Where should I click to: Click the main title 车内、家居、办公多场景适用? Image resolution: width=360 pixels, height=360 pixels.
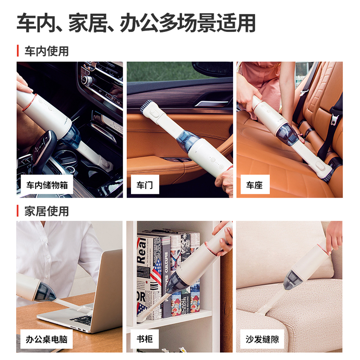[136, 23]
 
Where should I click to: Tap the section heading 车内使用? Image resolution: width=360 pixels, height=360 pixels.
[47, 51]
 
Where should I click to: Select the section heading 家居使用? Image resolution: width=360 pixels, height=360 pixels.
[47, 211]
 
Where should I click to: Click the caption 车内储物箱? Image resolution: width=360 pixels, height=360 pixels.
[47, 185]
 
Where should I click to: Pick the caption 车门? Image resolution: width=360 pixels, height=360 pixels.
[144, 185]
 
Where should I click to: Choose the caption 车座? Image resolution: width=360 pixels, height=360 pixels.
[254, 185]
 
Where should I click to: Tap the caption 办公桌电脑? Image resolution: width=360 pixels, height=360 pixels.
[47, 339]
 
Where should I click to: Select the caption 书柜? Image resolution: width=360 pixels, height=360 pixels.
[144, 339]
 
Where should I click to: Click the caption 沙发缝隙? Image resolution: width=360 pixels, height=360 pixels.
[262, 339]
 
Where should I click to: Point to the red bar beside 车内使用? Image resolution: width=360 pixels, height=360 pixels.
[18, 51]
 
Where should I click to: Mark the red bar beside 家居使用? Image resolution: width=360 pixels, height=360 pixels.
[18, 211]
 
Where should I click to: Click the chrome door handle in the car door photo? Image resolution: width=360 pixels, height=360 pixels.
[211, 103]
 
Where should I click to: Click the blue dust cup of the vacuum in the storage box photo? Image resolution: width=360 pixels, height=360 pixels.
[71, 136]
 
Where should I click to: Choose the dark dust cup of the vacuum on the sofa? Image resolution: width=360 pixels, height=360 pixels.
[291, 279]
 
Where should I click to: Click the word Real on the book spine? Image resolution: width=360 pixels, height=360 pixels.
[142, 251]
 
